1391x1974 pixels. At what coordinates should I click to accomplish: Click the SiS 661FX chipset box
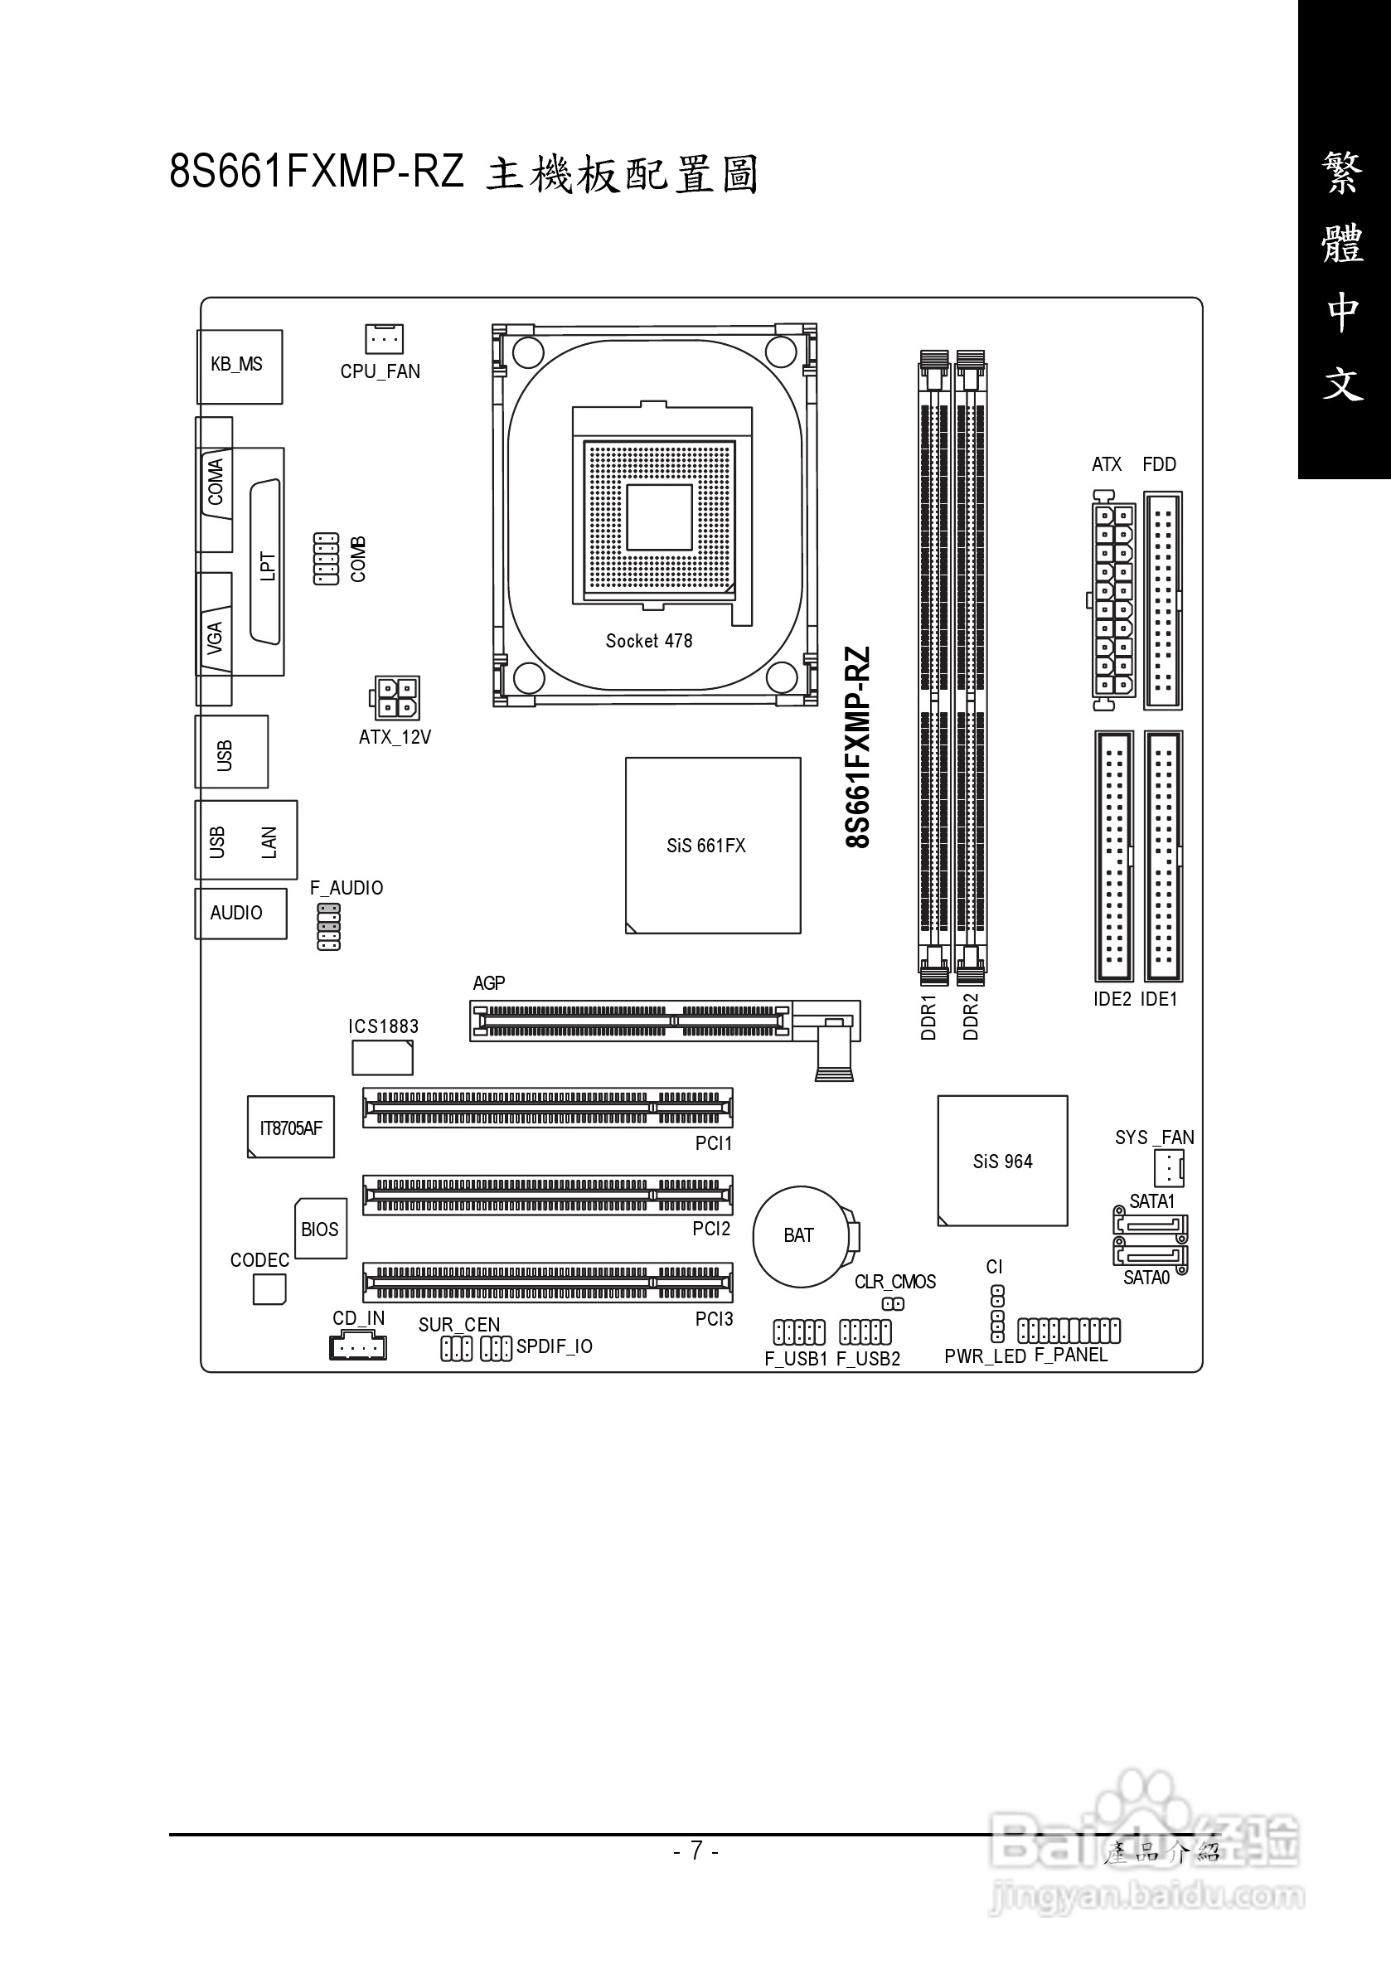(713, 845)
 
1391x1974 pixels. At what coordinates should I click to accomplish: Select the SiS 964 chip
(1002, 1161)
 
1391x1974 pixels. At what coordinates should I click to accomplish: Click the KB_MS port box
(239, 366)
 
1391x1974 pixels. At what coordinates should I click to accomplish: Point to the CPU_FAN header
(384, 340)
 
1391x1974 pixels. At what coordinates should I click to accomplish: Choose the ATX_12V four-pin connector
(396, 698)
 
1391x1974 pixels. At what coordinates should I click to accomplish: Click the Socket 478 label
(648, 641)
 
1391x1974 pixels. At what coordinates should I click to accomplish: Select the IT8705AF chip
(291, 1128)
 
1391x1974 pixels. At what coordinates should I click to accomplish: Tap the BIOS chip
(321, 1230)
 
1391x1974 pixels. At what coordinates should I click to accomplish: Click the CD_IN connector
(357, 1347)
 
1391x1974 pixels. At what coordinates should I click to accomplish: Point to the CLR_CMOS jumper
(894, 1304)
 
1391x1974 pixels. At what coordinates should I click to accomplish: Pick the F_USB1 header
(798, 1332)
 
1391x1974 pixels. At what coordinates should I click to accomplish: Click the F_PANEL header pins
(1069, 1331)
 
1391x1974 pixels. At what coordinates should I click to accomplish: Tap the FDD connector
(1162, 600)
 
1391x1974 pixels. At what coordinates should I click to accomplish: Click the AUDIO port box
(240, 913)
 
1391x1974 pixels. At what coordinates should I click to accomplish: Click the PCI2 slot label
(711, 1230)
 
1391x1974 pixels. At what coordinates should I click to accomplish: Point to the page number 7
(696, 1850)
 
